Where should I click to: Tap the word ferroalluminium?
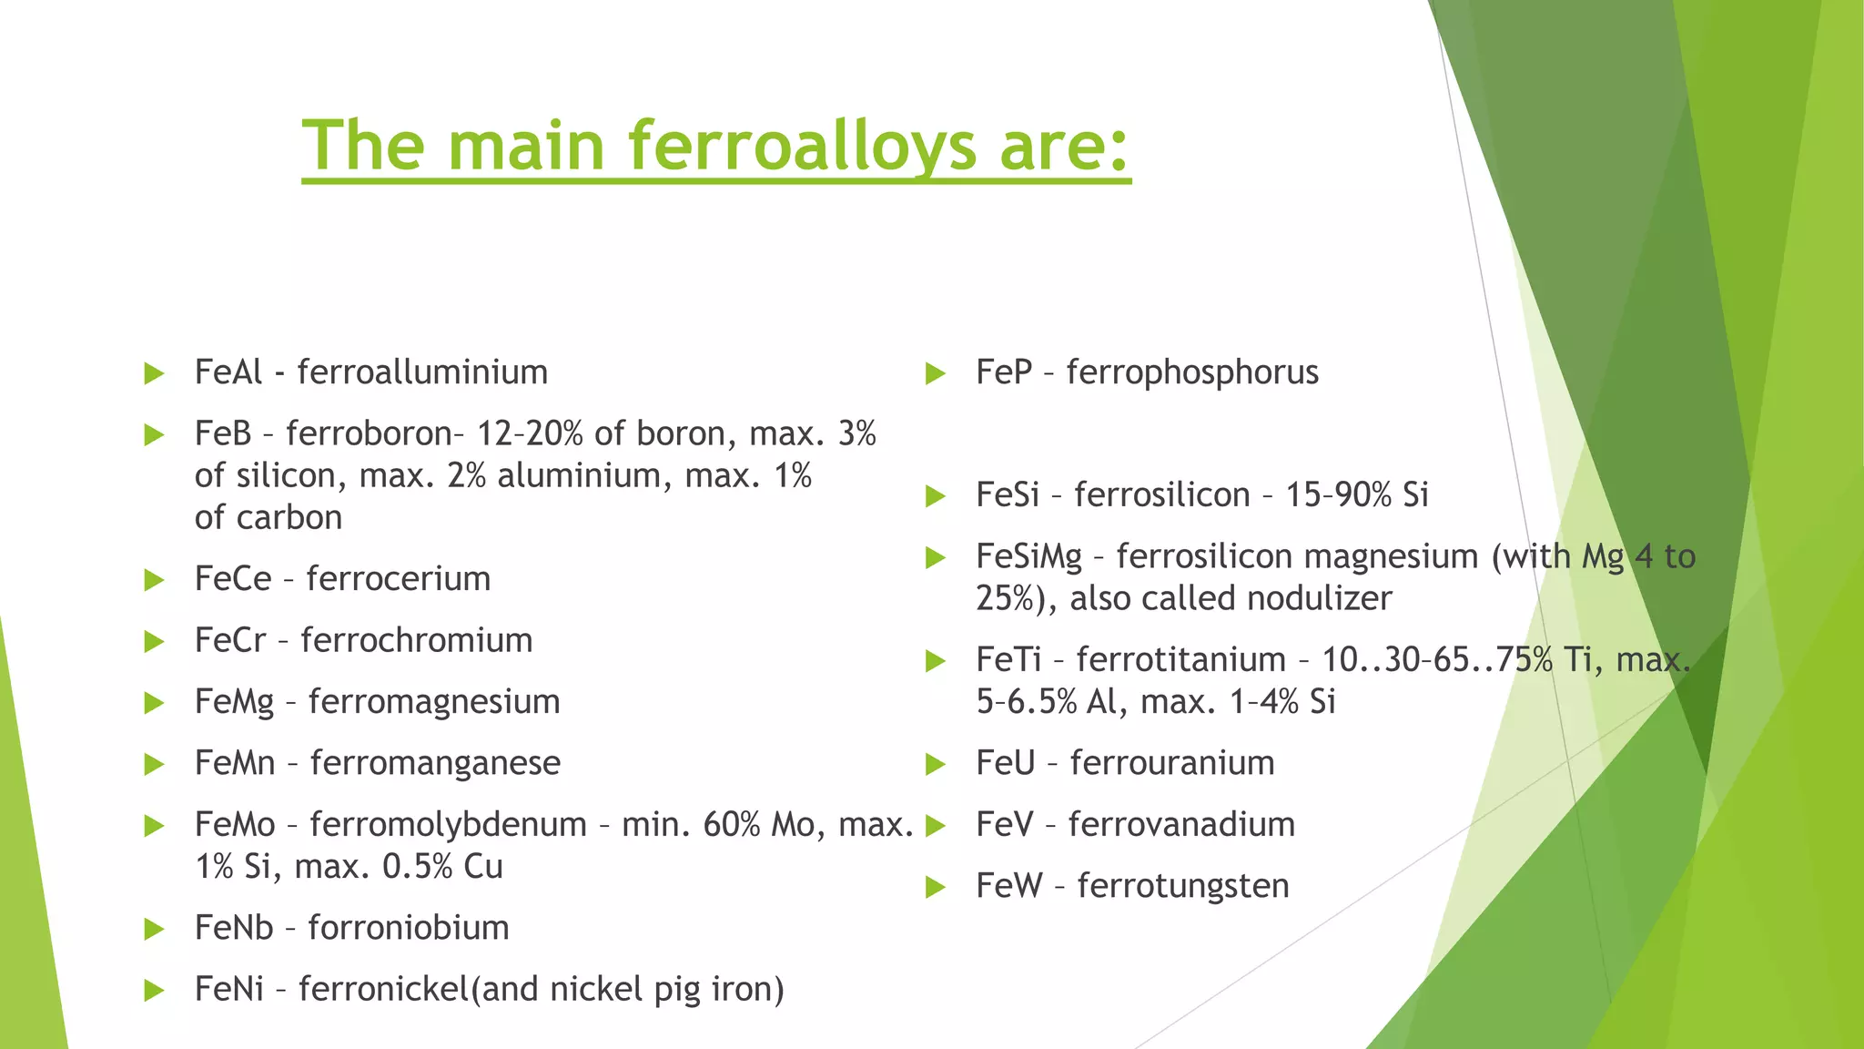(x=422, y=372)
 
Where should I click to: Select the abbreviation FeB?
(x=222, y=433)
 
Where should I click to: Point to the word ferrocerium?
(x=398, y=579)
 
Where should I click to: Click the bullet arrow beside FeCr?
(x=154, y=642)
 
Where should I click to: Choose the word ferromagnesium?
(x=433, y=702)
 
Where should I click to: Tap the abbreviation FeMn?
(x=235, y=763)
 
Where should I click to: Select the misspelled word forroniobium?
(x=408, y=928)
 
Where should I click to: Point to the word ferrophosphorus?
(x=1192, y=372)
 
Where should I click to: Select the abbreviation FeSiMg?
(x=1028, y=556)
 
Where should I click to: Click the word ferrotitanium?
(x=1180, y=659)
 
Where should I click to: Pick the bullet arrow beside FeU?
(x=936, y=764)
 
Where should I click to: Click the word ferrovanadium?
(x=1181, y=825)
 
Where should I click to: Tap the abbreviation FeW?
(x=1008, y=886)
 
